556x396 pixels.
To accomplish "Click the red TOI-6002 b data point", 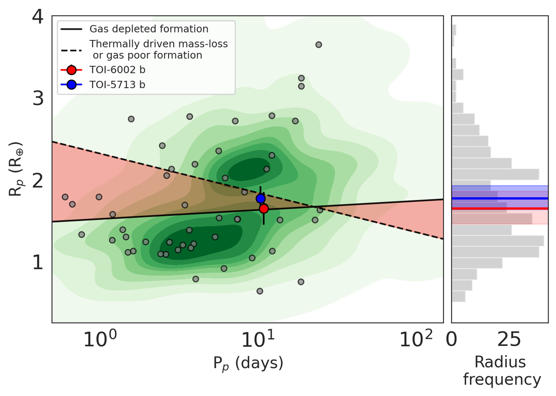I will click(264, 209).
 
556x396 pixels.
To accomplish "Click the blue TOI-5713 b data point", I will click(260, 198).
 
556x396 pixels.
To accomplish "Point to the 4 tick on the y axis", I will click(38, 17).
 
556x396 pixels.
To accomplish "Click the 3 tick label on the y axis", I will click(38, 98).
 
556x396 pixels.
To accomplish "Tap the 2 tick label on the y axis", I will click(38, 180).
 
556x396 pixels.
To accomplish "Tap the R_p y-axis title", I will click(16, 169).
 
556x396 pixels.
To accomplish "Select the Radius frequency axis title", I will click(501, 371).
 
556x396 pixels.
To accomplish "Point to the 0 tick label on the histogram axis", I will click(452, 341).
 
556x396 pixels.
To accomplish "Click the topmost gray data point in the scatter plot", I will click(318, 45).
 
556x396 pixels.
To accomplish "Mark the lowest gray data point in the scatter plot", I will click(259, 291).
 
